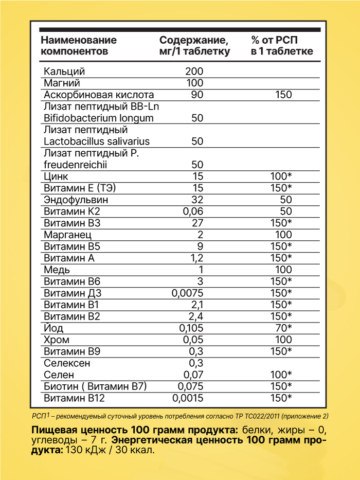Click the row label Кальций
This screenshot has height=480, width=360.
64,71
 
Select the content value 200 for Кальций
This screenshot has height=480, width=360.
194,71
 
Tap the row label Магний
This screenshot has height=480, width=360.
62,83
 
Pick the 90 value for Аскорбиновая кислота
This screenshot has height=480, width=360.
197,95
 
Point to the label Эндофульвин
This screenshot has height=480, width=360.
76,200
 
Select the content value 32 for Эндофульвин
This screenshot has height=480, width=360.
197,200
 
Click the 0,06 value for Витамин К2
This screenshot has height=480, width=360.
193,211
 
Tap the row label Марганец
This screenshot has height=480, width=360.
68,235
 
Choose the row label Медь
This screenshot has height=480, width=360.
57,270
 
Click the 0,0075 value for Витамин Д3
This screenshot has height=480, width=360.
187,293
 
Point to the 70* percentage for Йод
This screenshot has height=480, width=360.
282,328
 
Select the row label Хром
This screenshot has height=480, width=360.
57,340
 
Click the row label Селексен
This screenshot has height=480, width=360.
67,363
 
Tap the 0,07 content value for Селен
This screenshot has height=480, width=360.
193,375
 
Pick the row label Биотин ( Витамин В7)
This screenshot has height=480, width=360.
96,386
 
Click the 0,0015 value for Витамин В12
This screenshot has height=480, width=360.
188,398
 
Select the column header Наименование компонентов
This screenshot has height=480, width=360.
78,45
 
